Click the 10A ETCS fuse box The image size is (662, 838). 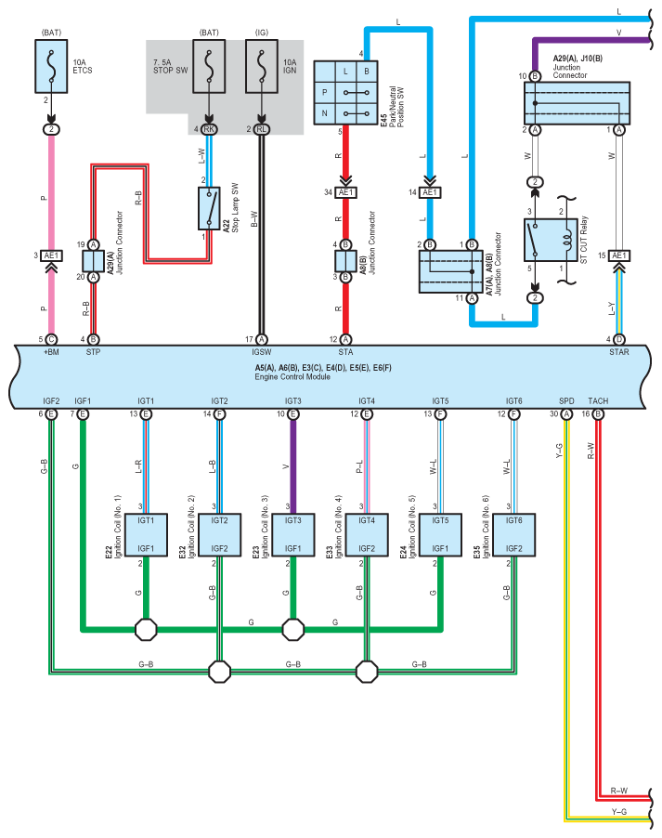point(51,66)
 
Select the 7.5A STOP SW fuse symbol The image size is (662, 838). point(209,66)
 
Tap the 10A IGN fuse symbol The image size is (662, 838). point(261,66)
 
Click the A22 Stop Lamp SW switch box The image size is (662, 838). point(209,208)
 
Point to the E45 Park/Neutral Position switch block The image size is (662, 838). point(345,93)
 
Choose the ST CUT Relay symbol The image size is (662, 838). point(551,240)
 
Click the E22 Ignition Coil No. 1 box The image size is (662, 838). point(146,535)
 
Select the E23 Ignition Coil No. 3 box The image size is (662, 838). point(292,535)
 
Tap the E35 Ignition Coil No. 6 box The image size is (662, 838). point(513,535)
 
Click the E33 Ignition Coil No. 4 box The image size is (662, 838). point(367,535)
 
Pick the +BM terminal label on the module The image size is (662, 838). point(51,352)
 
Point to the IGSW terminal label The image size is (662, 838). point(261,352)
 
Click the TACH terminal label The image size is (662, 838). point(598,400)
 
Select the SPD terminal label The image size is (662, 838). point(566,400)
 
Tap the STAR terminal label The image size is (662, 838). point(618,352)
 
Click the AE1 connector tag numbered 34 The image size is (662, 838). point(345,192)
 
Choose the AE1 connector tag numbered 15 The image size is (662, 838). point(618,255)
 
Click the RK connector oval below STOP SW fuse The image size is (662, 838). point(209,129)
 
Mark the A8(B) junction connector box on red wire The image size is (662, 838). point(345,261)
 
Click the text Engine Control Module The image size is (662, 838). point(292,377)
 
